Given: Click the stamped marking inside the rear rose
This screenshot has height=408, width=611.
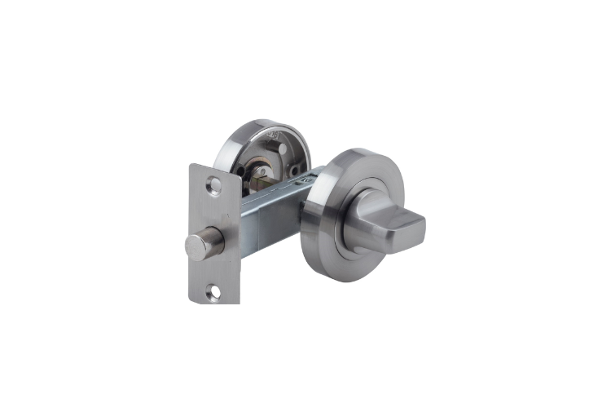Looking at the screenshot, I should (274, 134).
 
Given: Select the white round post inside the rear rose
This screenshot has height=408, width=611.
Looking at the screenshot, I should (283, 149).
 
